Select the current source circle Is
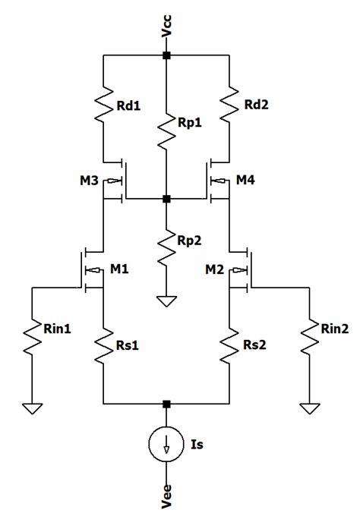point(166,447)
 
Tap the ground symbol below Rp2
point(166,300)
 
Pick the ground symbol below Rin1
point(32,408)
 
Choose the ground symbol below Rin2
point(306,408)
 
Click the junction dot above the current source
point(166,404)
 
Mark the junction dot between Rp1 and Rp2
point(166,199)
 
